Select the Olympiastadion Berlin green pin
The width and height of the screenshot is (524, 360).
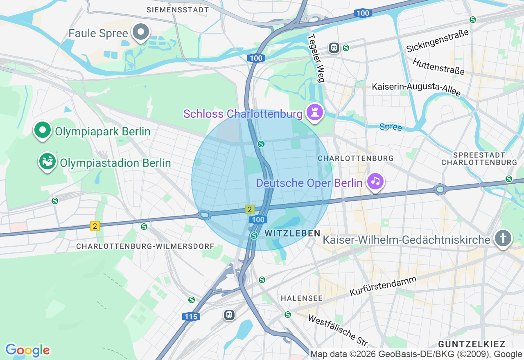pos(47,162)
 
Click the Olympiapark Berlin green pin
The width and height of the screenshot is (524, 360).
pos(43,130)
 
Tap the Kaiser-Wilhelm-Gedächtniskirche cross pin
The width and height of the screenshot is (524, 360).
pos(503,238)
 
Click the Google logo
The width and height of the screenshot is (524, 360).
pos(27,350)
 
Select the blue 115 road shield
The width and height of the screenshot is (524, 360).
pos(191,316)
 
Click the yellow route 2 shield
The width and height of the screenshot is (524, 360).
pos(95,226)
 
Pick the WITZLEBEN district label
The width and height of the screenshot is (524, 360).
pos(292,233)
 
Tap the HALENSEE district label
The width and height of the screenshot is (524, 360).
pos(302,298)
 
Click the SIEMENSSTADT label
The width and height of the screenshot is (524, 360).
pos(178,9)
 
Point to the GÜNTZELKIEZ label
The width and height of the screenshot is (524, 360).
pos(472,344)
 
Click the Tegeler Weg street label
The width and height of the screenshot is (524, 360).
pos(316,58)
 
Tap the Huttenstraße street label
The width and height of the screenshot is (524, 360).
pos(438,67)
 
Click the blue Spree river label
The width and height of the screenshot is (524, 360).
pos(391,127)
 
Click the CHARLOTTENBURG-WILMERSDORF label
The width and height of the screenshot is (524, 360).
pos(145,246)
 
